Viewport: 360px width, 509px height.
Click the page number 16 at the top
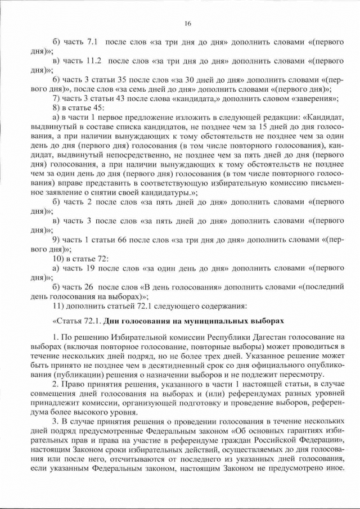(x=188, y=23)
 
